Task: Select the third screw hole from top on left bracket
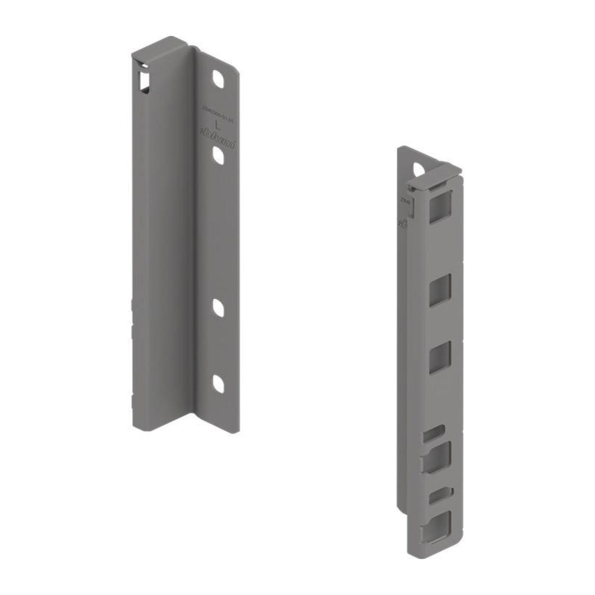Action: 218,307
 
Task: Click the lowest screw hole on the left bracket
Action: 218,384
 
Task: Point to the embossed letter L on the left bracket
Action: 217,125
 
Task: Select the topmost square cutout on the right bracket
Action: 440,206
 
